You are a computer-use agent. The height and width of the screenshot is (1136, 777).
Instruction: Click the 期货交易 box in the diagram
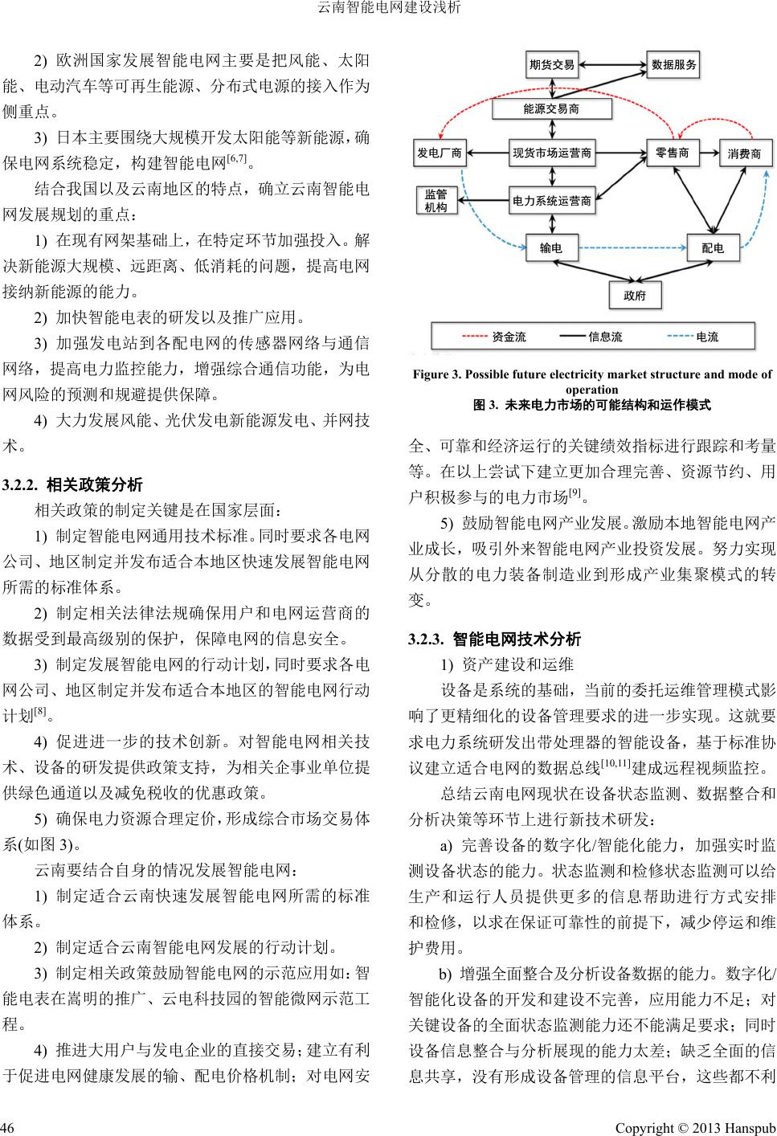point(552,65)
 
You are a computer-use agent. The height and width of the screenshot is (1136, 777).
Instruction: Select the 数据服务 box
point(673,65)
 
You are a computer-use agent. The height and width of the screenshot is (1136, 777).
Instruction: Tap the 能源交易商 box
point(551,108)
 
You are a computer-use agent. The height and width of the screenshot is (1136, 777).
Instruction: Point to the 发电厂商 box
point(439,153)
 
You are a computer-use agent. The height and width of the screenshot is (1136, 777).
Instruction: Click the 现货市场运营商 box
point(552,153)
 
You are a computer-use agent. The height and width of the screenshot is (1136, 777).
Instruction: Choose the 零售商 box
point(672,153)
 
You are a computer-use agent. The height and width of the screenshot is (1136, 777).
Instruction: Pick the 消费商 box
point(743,153)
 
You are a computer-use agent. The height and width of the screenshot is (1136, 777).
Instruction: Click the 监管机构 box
point(436,201)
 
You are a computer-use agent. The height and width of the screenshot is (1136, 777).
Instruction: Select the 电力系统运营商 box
point(552,201)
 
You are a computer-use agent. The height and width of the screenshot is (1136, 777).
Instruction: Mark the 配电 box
point(712,248)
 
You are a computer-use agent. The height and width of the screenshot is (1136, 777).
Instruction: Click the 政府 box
point(634,295)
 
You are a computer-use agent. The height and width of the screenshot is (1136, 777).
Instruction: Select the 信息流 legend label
point(605,337)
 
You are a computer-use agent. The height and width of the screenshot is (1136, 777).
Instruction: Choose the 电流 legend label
point(707,337)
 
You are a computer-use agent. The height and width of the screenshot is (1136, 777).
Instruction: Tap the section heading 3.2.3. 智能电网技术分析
point(494,640)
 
